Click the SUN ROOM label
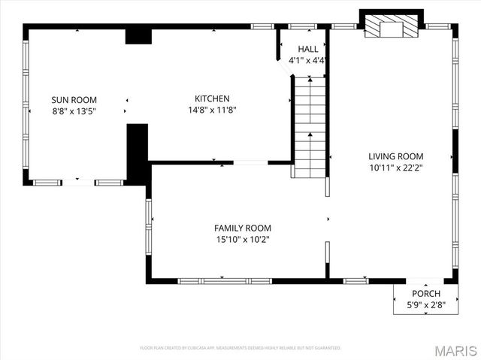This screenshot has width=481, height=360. click(74, 99)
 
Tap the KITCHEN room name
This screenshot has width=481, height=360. click(212, 98)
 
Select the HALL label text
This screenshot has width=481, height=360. click(307, 49)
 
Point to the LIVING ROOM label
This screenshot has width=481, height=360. click(395, 156)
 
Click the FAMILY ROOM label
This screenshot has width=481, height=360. click(242, 228)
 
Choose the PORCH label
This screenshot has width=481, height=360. click(425, 293)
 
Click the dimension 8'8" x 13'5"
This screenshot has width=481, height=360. click(74, 110)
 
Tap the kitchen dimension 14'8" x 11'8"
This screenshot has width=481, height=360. click(212, 110)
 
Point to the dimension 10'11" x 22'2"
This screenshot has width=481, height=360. click(395, 168)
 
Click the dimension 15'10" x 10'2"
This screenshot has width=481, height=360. click(242, 239)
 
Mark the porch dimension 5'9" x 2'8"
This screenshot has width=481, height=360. click(425, 305)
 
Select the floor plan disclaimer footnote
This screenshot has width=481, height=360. click(240, 348)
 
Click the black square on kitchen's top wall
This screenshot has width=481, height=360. click(138, 36)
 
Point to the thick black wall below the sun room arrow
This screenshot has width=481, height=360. click(136, 153)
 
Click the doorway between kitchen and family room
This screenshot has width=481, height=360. click(250, 162)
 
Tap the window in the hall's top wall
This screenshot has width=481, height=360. click(302, 27)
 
